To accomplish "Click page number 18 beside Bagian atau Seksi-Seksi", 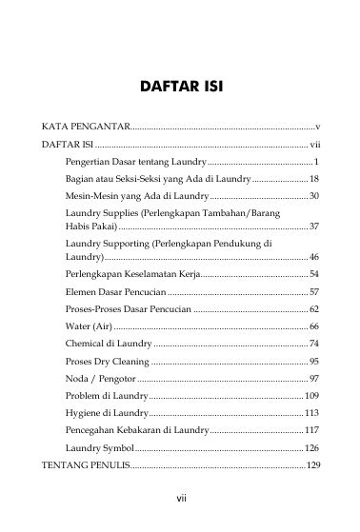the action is click(x=313, y=178).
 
